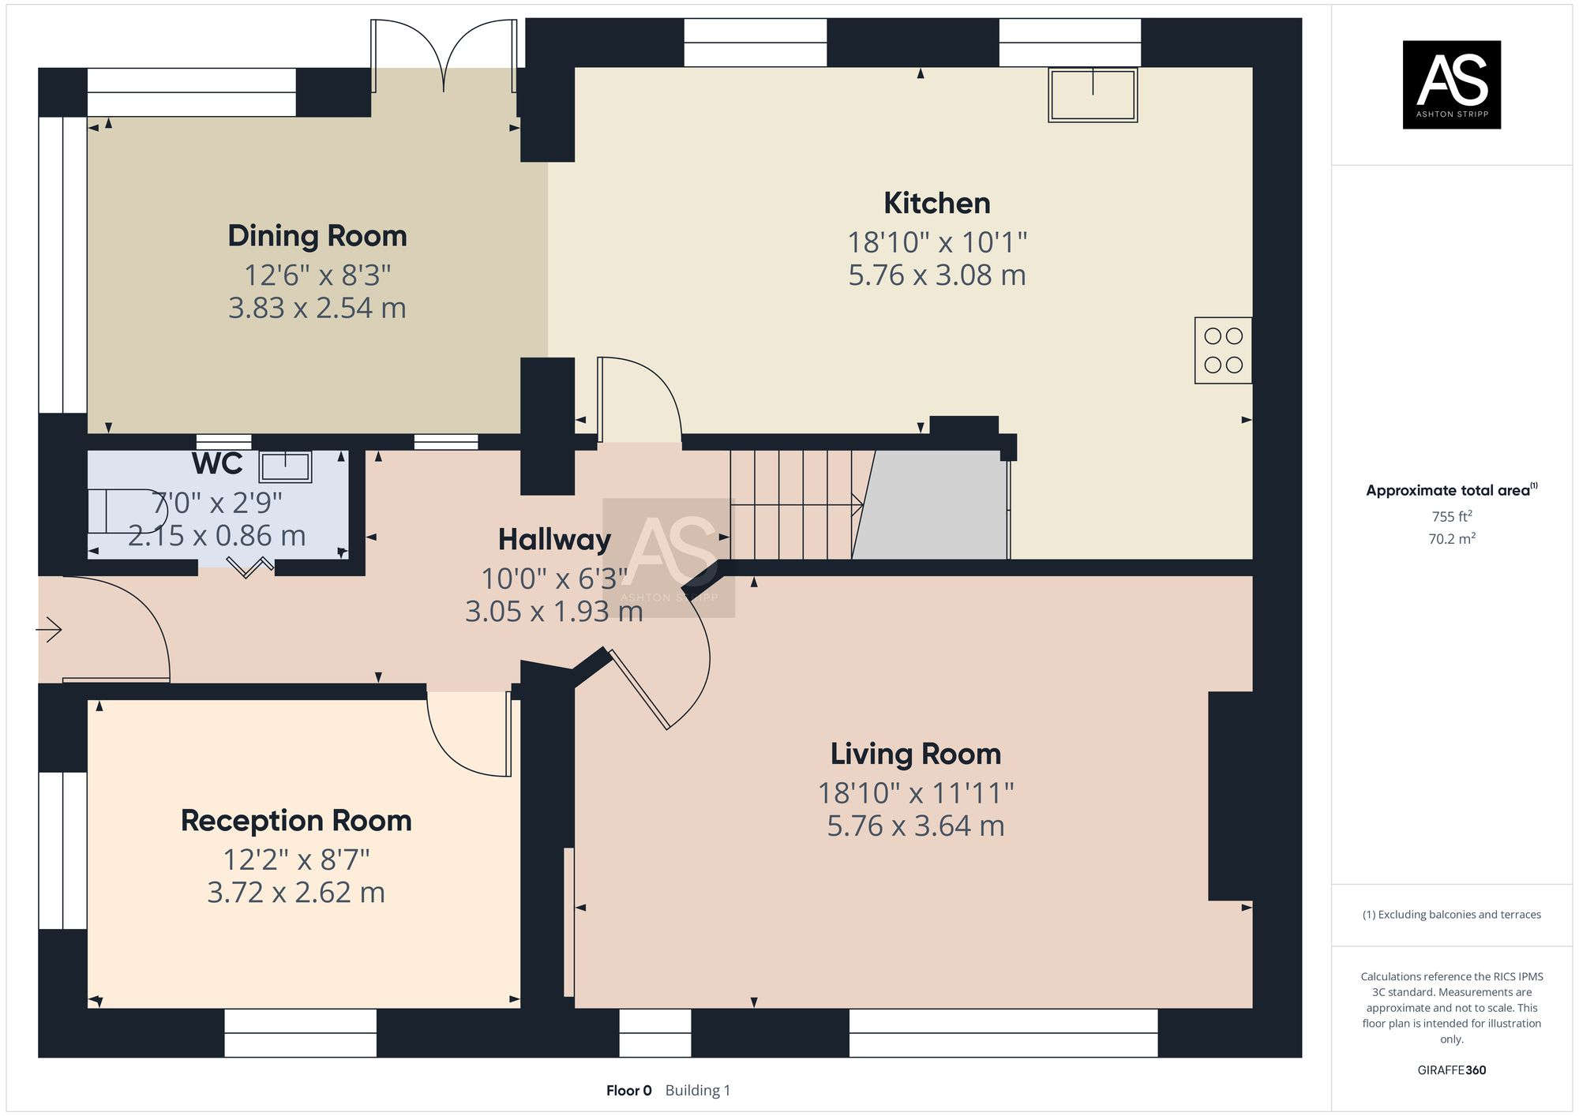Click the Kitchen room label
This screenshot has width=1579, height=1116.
(937, 204)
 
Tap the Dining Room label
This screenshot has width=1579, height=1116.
(317, 236)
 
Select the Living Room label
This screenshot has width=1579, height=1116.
(916, 754)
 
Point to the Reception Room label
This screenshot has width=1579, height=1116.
(296, 821)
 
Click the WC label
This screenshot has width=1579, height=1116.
(217, 464)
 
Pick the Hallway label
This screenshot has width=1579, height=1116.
(554, 540)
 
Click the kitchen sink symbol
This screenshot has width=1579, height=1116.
(1093, 95)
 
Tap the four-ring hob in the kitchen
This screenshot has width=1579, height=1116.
(1223, 350)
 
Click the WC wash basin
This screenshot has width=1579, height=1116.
(285, 466)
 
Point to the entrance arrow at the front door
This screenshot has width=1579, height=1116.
(49, 630)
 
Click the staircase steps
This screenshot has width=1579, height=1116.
(797, 504)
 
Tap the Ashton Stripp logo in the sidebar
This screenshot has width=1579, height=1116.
(1451, 84)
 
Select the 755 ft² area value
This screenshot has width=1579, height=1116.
(1452, 516)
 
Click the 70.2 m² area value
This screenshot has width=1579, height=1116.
(1452, 538)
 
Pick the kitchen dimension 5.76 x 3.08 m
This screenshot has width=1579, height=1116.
(937, 275)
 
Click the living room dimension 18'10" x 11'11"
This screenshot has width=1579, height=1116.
(916, 793)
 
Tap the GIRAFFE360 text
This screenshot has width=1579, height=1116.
(1452, 1070)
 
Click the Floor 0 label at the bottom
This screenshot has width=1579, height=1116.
(629, 1091)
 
